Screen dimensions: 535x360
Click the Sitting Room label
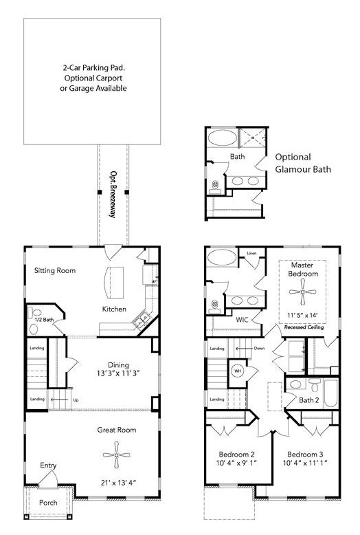(55, 270)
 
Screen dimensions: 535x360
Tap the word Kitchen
(115, 309)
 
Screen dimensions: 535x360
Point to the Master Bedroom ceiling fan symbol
(302, 293)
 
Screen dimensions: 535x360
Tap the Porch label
(47, 502)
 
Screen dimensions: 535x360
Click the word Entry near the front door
(47, 466)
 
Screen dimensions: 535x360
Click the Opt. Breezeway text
(113, 195)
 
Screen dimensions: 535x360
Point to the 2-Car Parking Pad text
(92, 69)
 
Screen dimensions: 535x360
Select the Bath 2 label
(308, 400)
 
